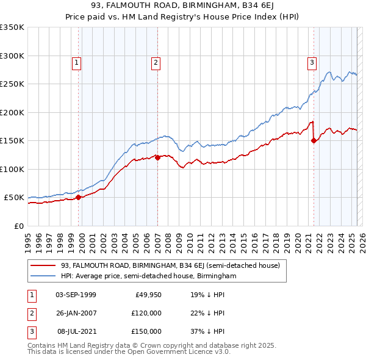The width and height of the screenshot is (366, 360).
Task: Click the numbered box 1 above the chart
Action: (77, 62)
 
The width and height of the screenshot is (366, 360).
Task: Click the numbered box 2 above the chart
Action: (156, 62)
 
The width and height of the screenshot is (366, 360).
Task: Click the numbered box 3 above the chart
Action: (312, 62)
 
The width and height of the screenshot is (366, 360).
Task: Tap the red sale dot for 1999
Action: (78, 197)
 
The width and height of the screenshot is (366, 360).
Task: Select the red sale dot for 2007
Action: (157, 157)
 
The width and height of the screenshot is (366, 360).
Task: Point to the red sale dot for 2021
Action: (314, 140)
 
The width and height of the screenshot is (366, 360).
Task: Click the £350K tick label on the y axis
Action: (12, 27)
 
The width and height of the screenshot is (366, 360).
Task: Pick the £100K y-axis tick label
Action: (12, 169)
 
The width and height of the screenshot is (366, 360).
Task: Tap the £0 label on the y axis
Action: (18, 226)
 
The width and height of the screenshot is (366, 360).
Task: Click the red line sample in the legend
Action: (43, 265)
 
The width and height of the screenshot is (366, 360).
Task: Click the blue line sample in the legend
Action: (43, 276)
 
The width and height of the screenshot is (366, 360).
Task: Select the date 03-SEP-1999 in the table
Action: (76, 295)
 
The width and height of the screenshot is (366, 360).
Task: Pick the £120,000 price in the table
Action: (147, 313)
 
